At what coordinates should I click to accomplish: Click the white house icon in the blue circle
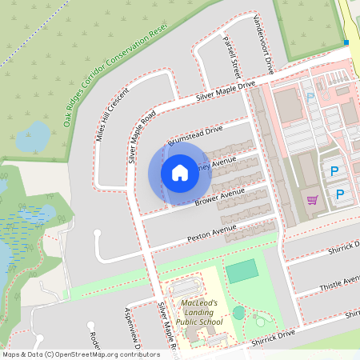(180, 172)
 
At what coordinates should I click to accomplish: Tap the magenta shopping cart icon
(312, 199)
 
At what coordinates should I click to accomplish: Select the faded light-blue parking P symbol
(310, 97)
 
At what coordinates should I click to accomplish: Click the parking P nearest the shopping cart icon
(340, 194)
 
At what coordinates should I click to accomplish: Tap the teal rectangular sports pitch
(242, 270)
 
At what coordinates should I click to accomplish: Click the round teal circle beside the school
(238, 313)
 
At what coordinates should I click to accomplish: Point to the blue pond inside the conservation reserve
(32, 136)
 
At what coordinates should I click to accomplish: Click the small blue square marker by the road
(346, 42)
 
